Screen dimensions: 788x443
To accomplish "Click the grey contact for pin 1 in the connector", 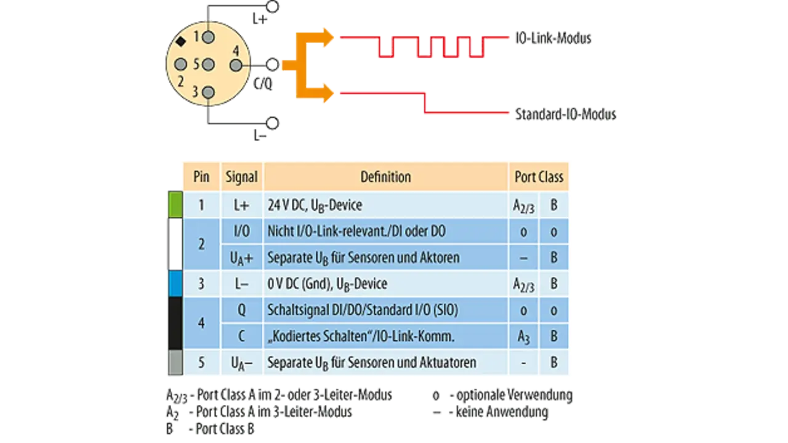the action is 208,37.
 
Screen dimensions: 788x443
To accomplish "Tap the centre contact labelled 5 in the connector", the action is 208,65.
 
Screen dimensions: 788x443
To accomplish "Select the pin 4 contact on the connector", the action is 236,65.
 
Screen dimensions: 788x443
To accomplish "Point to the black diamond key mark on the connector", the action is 181,41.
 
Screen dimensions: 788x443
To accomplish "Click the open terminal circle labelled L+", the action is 272,6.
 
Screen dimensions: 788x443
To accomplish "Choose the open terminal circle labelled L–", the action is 273,123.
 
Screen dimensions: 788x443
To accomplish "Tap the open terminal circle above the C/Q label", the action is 272,65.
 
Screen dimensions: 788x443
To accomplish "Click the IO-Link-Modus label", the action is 553,38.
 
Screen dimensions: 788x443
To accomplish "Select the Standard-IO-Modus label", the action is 566,114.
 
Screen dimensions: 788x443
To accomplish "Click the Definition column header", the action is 385,177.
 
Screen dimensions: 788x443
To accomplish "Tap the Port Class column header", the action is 539,177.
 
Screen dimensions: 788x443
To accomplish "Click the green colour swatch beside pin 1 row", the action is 175,205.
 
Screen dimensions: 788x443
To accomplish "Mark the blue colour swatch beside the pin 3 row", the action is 175,283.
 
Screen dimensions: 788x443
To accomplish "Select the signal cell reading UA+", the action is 242,258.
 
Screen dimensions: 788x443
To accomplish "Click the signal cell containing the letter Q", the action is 242,310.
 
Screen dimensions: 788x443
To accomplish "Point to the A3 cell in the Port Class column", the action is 523,336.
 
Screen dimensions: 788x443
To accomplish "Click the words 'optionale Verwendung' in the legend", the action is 514,395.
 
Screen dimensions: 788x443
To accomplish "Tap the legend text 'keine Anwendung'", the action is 502,412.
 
